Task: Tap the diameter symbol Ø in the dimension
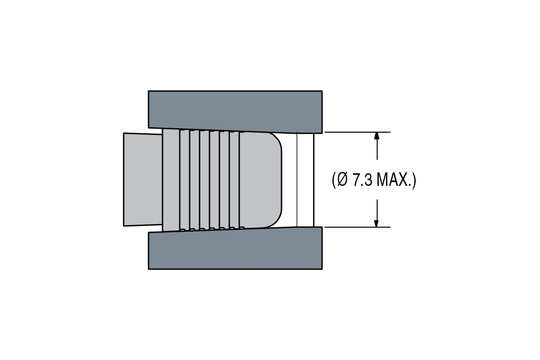(342, 180)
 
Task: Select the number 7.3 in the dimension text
(362, 180)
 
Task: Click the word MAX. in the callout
(394, 180)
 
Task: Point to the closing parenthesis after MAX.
(414, 180)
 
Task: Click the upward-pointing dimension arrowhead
(377, 137)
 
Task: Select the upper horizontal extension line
(356, 132)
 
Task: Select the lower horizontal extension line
(356, 227)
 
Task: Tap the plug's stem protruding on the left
(142, 180)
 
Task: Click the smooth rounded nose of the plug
(259, 180)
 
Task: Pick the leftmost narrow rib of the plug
(185, 180)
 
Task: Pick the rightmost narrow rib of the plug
(234, 180)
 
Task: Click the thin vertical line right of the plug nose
(297, 180)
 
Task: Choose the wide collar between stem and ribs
(171, 180)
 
